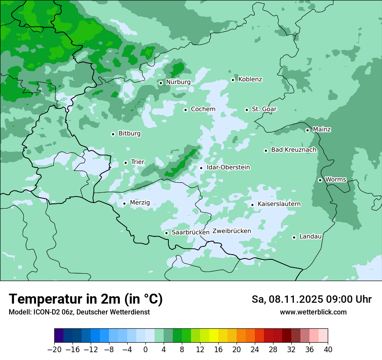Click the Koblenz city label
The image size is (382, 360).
pos(250,79)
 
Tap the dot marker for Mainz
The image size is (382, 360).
pos(307,130)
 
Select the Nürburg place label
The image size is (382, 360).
pos(178,82)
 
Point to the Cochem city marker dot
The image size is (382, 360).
pos(185,110)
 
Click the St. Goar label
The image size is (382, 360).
pos(264,109)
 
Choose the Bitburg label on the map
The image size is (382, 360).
pos(129,134)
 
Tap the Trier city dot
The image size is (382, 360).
pos(125,163)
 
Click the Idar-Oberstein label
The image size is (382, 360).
pos(228,167)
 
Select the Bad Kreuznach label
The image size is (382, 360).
pos(293,150)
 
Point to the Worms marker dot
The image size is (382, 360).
pos(320,180)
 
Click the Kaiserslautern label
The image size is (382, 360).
pos(279,204)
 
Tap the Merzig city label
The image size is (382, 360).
pos(140,203)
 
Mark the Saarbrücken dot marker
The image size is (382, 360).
pos(166,233)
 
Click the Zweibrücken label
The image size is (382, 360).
pos(231,231)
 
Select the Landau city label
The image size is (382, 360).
pos(310,237)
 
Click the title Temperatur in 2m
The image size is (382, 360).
pos(86,299)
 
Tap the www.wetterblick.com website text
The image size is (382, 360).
pos(313,312)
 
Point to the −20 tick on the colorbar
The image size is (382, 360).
pos(54,350)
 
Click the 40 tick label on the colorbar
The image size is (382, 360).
pos(328,350)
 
